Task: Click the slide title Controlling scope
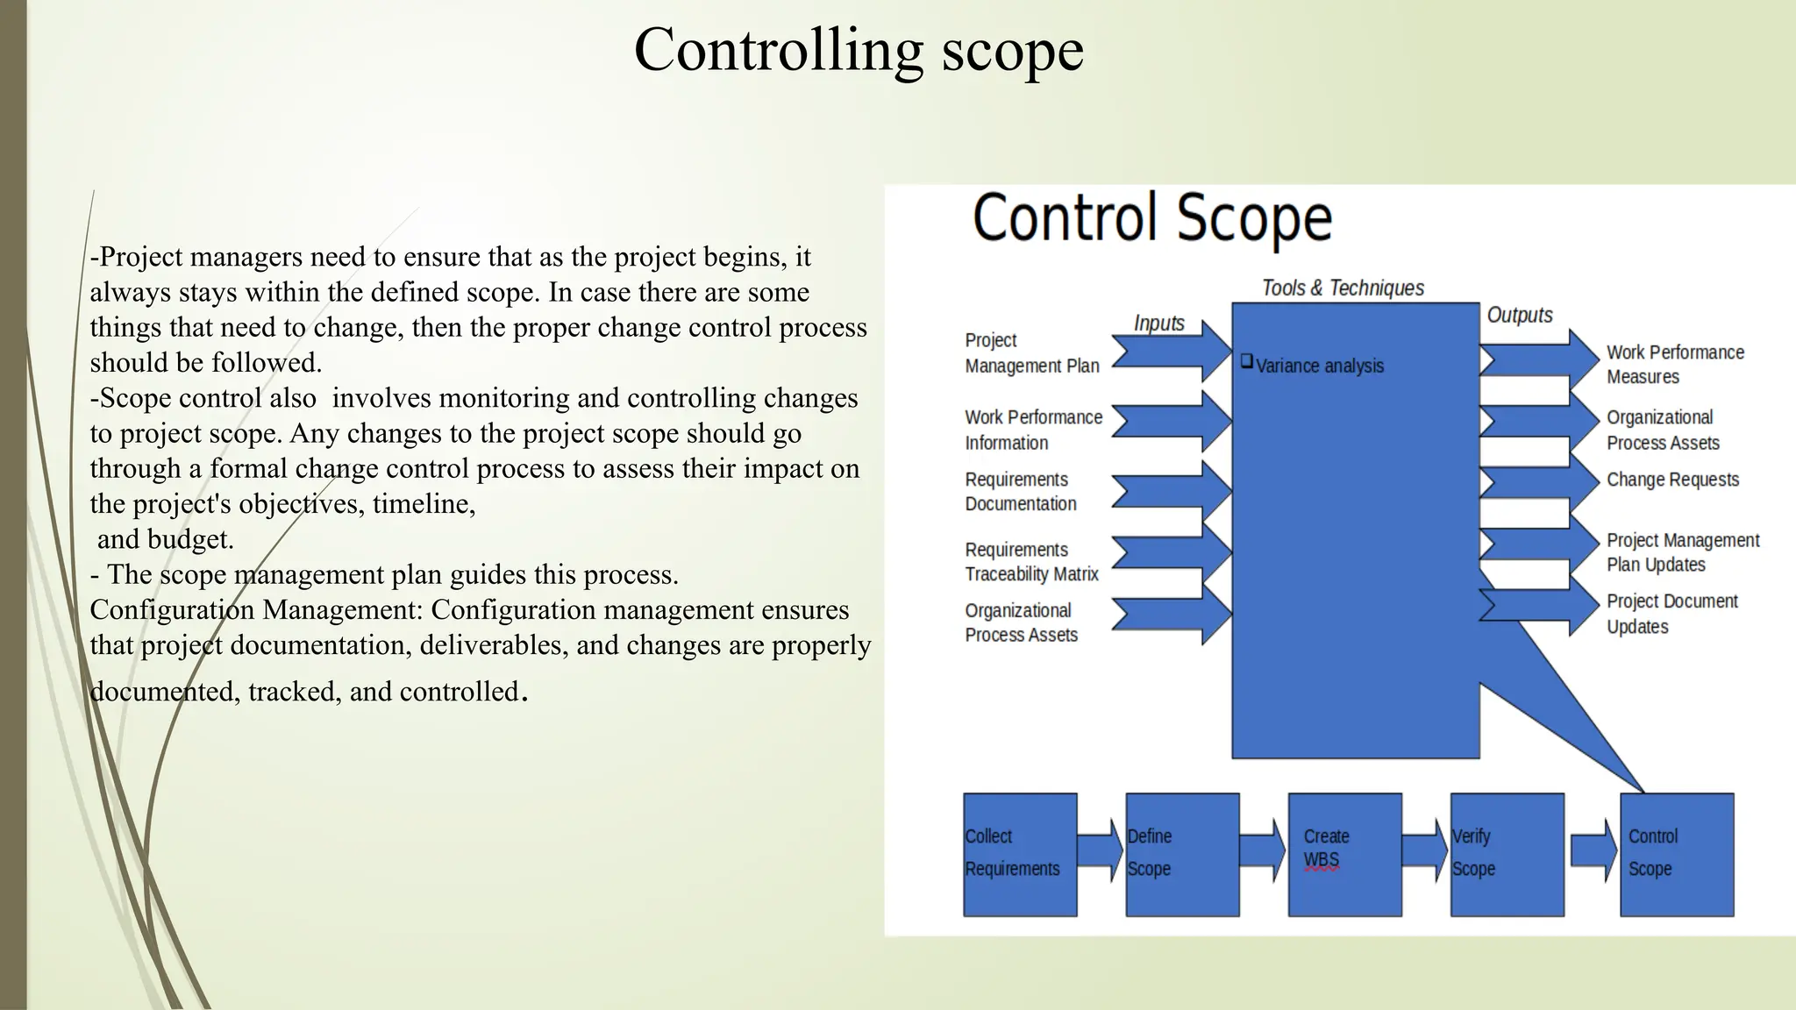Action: [x=859, y=50]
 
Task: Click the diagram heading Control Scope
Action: [x=1151, y=218]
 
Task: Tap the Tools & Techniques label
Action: [x=1342, y=288]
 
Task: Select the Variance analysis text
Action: [x=1319, y=366]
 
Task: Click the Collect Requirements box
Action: [x=1019, y=854]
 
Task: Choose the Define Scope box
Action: [x=1181, y=854]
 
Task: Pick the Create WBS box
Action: [x=1343, y=854]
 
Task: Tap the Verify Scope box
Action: [x=1506, y=854]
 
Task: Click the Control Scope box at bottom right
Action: [x=1676, y=854]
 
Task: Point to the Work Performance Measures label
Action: [x=1673, y=364]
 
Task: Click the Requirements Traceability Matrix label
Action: [x=1031, y=562]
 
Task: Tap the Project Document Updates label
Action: [x=1671, y=614]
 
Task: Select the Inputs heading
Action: [x=1158, y=323]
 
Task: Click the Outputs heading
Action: [x=1519, y=315]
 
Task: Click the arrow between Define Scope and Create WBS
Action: [x=1262, y=850]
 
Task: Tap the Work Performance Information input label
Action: [x=1032, y=430]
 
